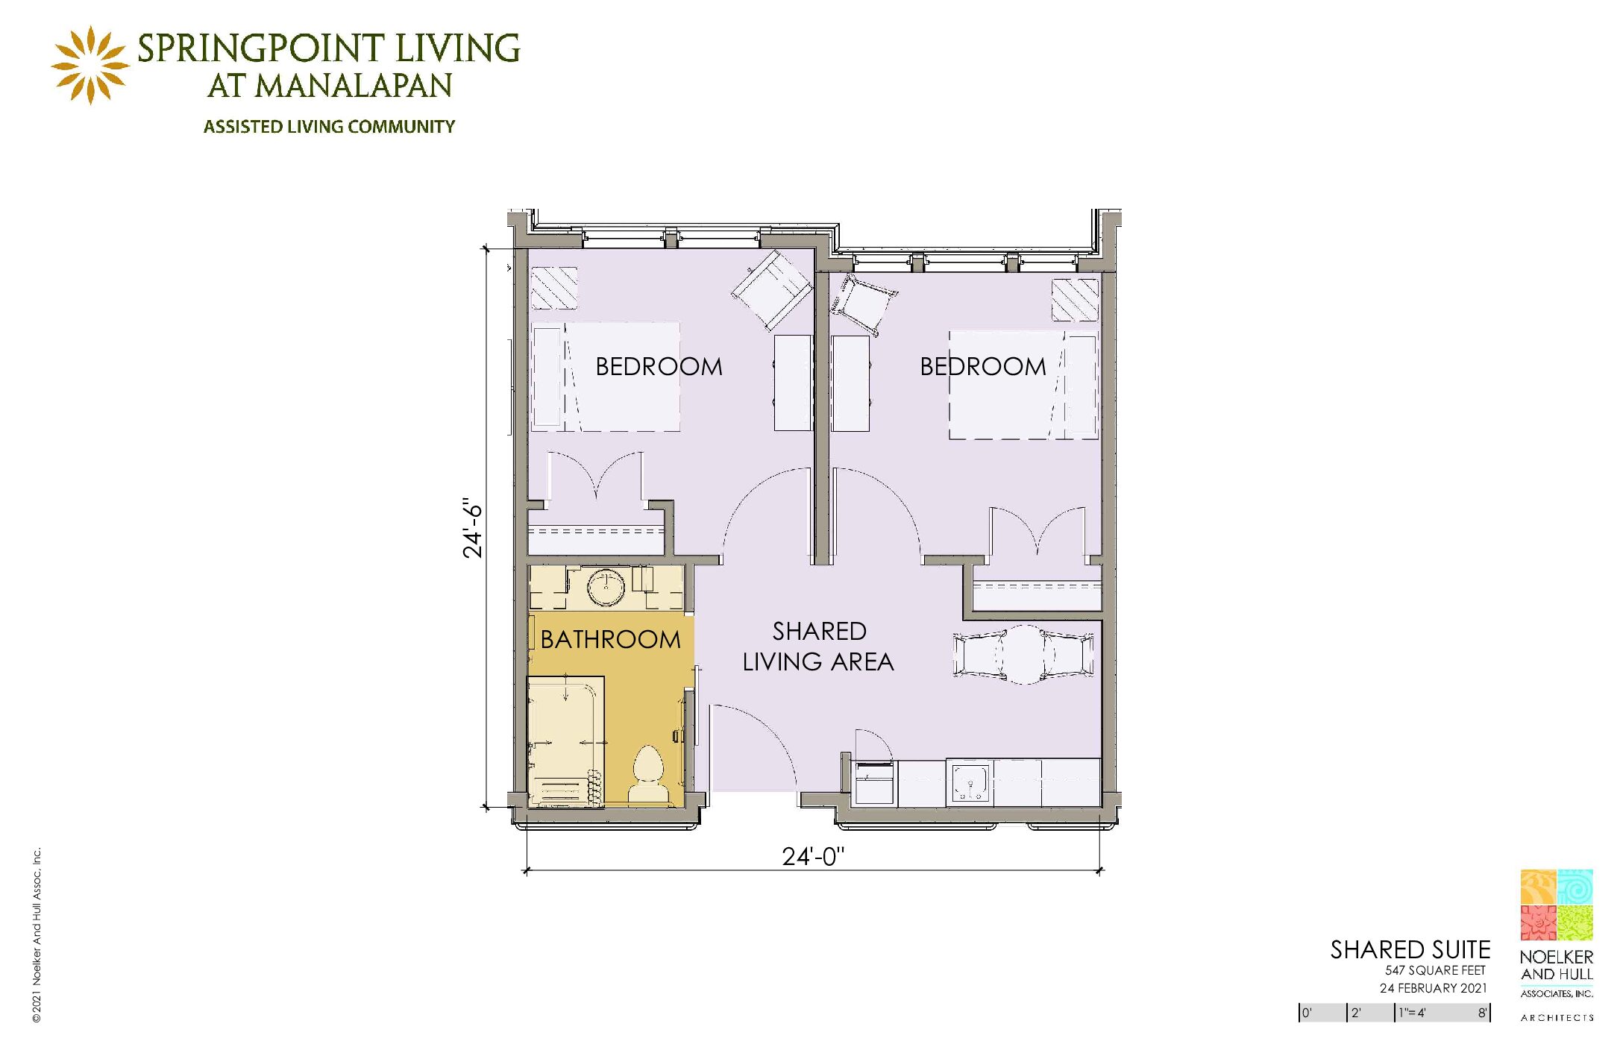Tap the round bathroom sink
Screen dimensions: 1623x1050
coord(606,588)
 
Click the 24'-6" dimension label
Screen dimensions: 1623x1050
coord(473,528)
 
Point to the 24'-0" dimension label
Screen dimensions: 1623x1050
coord(813,856)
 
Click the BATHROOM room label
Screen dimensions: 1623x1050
coord(610,640)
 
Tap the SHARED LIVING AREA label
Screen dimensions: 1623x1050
coord(818,647)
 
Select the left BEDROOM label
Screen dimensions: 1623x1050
coord(659,366)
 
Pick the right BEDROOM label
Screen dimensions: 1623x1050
coord(983,366)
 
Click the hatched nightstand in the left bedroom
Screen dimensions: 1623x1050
coord(554,288)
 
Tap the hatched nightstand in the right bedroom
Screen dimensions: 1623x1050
coord(1075,300)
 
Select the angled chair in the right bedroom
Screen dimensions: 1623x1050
coord(864,304)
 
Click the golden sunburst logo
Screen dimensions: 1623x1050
coord(90,65)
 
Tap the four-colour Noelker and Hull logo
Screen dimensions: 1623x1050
coord(1557,905)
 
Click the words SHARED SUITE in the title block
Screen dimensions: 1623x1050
coord(1410,949)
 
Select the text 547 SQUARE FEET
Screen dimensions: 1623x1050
coord(1435,970)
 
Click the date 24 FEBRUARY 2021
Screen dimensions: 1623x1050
coord(1433,988)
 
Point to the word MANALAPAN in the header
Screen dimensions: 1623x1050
coord(354,86)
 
